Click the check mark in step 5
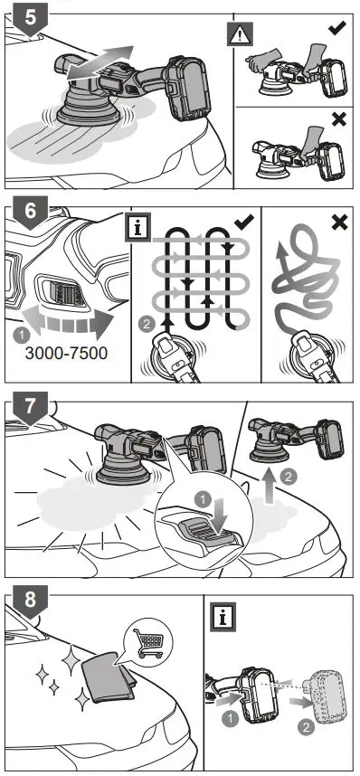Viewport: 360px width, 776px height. tap(336, 28)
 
